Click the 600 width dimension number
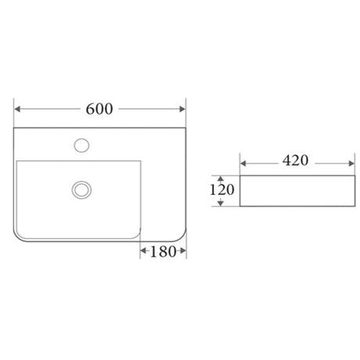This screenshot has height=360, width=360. coord(99,109)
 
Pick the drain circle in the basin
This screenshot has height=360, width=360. coord(81,189)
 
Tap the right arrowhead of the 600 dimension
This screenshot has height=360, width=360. coord(182,109)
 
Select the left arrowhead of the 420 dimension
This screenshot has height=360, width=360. coord(243,163)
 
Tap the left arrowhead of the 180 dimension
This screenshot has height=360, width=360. coord(142,251)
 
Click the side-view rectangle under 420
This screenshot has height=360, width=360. coord(293,191)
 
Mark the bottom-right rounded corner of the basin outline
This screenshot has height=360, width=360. coord(180,232)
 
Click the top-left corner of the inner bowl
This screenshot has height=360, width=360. coord(17,162)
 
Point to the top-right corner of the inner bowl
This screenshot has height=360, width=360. coord(140,162)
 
